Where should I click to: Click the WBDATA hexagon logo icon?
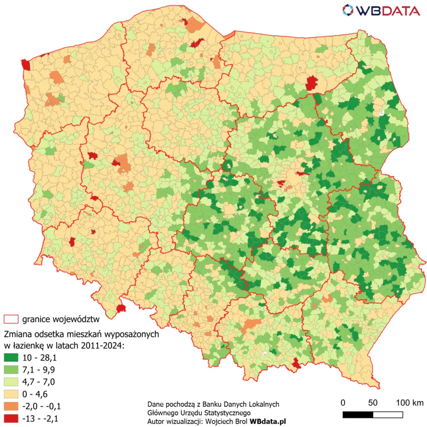tap(349, 10)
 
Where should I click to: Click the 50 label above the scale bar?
tap(373, 403)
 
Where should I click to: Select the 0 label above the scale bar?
tap(343, 403)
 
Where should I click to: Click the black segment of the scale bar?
tap(358, 414)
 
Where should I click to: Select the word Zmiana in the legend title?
tap(16, 334)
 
